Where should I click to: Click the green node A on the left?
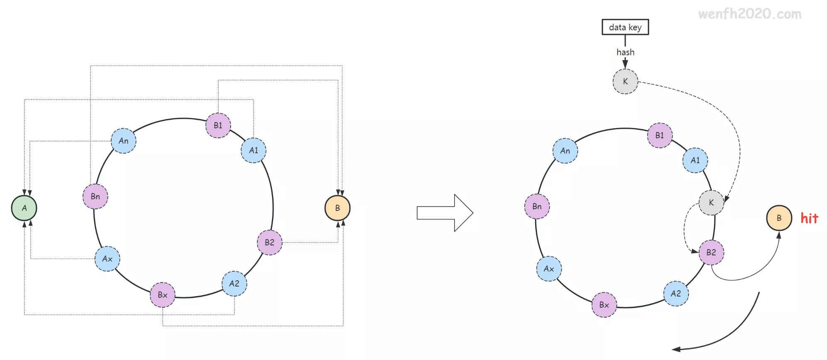(x=24, y=208)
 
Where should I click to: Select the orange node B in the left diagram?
(x=338, y=208)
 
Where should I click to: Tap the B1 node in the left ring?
(x=218, y=125)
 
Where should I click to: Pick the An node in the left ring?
(x=123, y=141)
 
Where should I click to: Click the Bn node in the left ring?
(x=95, y=196)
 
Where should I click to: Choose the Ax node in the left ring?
(x=108, y=259)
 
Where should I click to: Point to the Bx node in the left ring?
(x=162, y=295)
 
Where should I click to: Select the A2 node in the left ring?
(x=234, y=284)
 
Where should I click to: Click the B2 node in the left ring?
(x=269, y=242)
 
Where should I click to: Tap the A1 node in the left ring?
(x=253, y=150)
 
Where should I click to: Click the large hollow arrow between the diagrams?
(x=445, y=213)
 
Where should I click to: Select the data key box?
(x=625, y=27)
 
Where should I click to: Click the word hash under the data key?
(x=625, y=52)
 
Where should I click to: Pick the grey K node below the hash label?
(x=625, y=82)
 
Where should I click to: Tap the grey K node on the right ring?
(x=711, y=203)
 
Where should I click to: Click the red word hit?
(x=809, y=218)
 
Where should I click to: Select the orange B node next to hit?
(x=779, y=218)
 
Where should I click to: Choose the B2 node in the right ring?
(x=711, y=252)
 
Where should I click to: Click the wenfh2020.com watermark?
(x=750, y=14)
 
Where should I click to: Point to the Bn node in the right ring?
(x=537, y=206)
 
